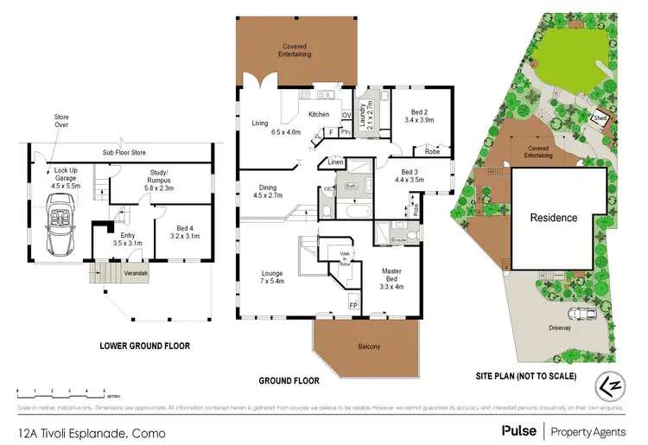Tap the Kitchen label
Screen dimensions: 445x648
pos(319,114)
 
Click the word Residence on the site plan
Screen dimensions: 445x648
pos(553,218)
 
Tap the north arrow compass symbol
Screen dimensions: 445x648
pos(612,381)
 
